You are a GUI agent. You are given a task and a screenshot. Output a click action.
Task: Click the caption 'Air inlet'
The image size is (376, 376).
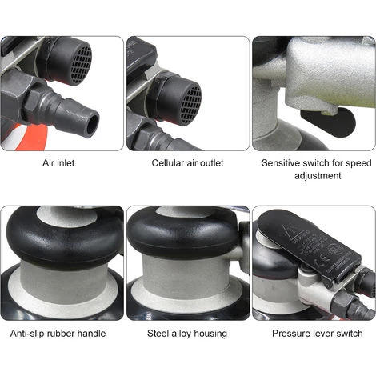[x=62, y=162]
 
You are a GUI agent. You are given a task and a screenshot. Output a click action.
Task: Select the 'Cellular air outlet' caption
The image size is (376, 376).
[x=187, y=162]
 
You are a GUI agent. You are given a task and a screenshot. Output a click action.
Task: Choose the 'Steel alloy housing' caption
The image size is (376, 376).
[x=187, y=334]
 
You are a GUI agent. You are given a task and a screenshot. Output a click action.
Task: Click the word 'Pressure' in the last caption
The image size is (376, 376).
[x=286, y=334]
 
